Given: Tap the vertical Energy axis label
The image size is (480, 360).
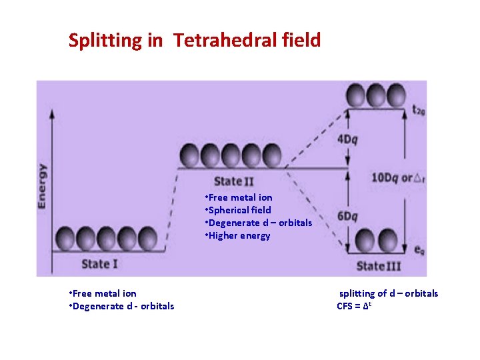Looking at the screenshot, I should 43,186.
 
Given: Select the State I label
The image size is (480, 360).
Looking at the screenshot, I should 99,263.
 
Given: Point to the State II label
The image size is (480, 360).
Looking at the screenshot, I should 233,181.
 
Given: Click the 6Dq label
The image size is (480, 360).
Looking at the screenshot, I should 347,216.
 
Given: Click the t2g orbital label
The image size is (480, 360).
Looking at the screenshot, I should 419,111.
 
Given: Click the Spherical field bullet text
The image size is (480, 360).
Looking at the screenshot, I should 239,210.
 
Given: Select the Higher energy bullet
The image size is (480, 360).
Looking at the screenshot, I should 238,235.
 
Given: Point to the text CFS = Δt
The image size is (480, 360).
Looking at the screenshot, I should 353,306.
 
